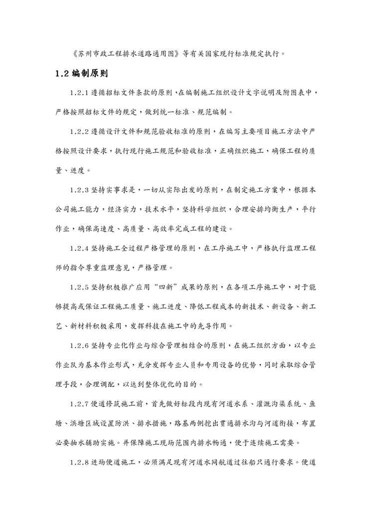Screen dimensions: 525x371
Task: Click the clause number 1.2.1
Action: point(81,93)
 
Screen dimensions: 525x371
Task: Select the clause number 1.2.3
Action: point(81,190)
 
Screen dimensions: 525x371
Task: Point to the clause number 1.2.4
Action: point(81,248)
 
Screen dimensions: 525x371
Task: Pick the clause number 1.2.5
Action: point(81,287)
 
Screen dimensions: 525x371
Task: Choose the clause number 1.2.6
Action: point(81,345)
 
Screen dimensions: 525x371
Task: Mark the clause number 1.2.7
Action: point(81,404)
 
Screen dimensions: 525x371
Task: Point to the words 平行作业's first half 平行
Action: point(308,210)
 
